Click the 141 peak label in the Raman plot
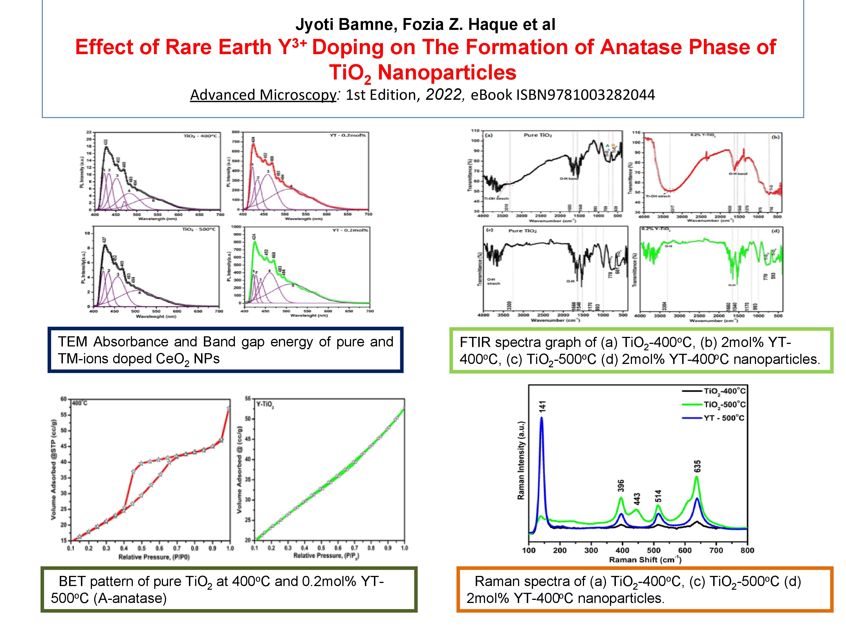pos(542,406)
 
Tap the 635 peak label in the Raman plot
pos(697,466)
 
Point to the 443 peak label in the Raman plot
pos(637,499)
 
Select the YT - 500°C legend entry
pos(724,418)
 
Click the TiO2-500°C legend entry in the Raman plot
pos(724,405)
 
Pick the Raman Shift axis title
pos(645,560)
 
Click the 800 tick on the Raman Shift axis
pos(747,550)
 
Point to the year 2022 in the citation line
pos(444,94)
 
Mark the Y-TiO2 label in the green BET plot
pos(265,405)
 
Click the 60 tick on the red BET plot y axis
pos(63,399)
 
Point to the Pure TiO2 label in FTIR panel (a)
pos(537,135)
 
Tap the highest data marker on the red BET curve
pos(228,408)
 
